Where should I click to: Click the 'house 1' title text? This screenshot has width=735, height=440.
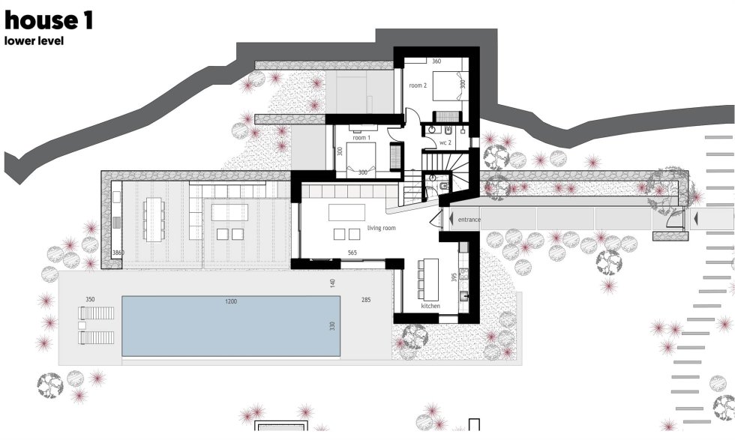click(49, 21)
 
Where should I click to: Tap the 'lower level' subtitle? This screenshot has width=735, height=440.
click(34, 40)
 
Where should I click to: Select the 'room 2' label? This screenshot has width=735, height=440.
click(418, 85)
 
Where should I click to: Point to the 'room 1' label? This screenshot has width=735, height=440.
click(361, 138)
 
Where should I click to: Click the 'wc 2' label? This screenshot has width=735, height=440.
click(445, 142)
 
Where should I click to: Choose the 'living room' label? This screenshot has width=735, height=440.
click(381, 228)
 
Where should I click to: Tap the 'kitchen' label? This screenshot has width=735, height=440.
click(430, 306)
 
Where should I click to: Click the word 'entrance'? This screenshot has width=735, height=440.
click(469, 220)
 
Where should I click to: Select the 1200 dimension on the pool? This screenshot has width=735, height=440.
click(231, 301)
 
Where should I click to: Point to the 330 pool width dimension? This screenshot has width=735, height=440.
click(332, 325)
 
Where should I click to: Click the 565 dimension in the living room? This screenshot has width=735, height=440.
click(352, 253)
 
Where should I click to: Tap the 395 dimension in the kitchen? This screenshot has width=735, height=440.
click(454, 277)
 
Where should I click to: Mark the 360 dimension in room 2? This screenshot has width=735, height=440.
click(436, 61)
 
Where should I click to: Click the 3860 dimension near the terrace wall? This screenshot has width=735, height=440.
click(118, 253)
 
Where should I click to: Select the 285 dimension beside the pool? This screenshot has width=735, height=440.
click(366, 299)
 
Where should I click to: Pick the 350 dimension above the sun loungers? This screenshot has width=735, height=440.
click(90, 299)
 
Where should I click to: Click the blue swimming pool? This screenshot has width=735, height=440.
click(231, 325)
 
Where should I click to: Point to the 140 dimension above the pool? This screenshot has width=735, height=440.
click(332, 283)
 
